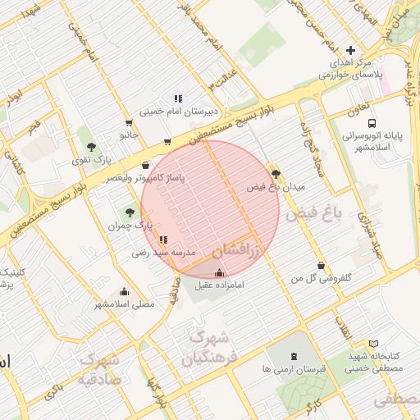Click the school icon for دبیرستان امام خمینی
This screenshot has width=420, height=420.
coord(177,98)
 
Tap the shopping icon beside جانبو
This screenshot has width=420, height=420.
coord(168,142)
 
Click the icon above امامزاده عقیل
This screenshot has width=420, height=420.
coord(219,273)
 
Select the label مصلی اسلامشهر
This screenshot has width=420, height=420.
coord(124,304)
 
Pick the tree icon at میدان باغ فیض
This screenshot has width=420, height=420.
coord(275,174)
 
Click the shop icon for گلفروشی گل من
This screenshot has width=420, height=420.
coord(321,266)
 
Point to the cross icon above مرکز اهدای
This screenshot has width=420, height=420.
coord(351,50)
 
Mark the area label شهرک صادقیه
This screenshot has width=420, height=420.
coord(100,370)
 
